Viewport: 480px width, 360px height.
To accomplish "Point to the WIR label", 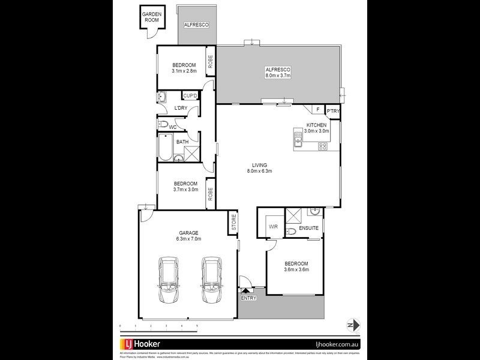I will pos(273,227).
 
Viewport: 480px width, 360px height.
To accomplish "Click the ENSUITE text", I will pos(308,227).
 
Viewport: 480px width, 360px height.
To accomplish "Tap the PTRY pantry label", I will pos(332,110).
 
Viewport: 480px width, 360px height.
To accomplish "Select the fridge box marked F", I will pos(316,110).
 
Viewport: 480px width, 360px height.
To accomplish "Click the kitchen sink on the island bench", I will pos(298,140).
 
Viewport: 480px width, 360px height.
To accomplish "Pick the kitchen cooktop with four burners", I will pos(323,146).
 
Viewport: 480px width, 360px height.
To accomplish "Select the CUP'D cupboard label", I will pos(190,96).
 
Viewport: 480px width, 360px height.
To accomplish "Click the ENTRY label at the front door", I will pos(247,298).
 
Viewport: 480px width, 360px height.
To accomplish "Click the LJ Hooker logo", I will pos(142,344).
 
